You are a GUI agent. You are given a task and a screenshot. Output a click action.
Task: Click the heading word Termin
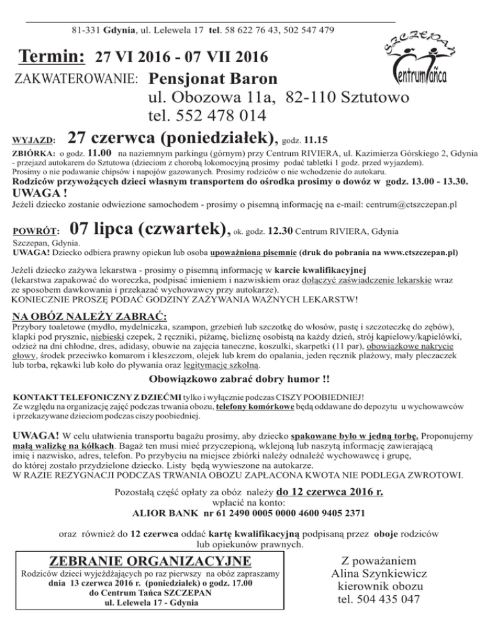[53, 58]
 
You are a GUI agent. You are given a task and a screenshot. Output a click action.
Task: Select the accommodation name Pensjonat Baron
[212, 81]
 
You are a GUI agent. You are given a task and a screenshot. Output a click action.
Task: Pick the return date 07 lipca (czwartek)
[149, 229]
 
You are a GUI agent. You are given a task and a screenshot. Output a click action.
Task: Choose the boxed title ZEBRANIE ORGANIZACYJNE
[150, 561]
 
